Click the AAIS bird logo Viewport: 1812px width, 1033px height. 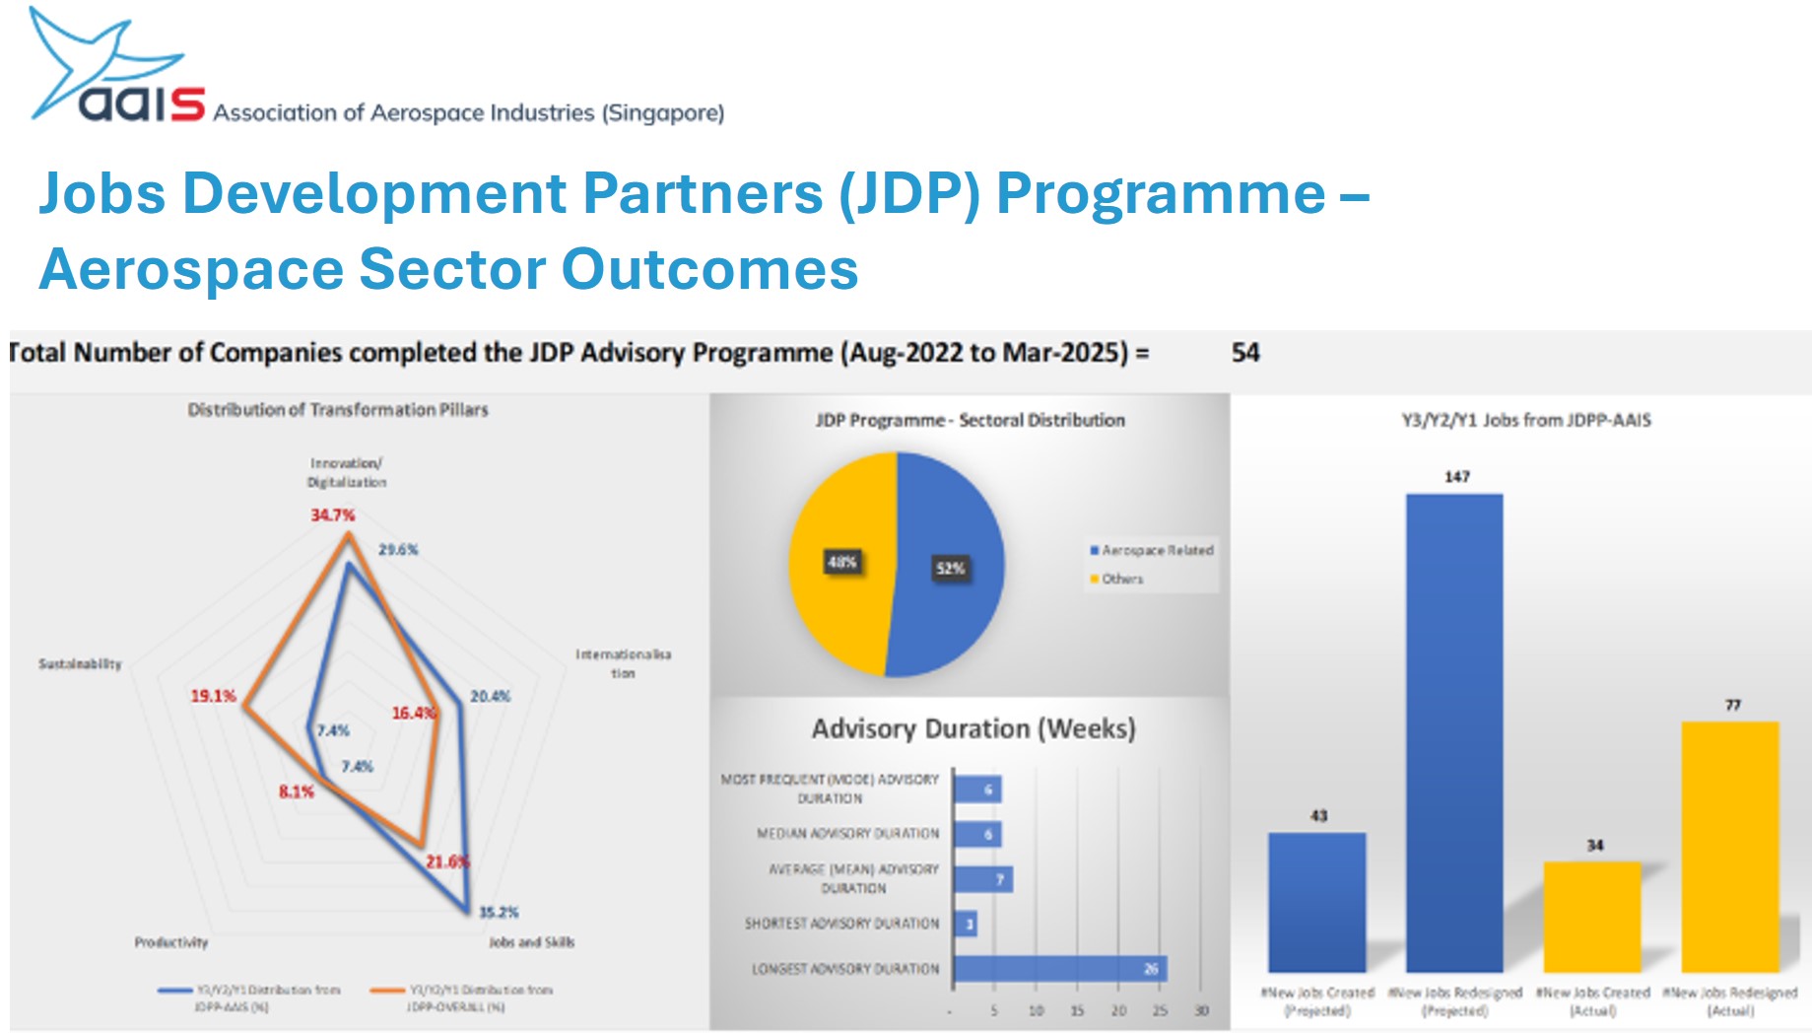tap(94, 59)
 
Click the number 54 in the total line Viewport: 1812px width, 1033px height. tap(1245, 353)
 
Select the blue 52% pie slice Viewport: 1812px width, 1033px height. tap(951, 566)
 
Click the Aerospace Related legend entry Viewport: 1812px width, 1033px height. tap(1152, 550)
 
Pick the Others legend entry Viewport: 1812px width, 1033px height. tap(1117, 579)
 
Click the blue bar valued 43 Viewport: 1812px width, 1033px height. tap(1316, 901)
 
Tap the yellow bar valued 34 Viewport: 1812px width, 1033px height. tap(1592, 916)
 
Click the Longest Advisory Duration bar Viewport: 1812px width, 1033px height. tap(1060, 969)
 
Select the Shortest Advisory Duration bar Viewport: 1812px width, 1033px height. tap(966, 924)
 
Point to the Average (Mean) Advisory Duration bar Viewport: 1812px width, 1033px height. tap(982, 879)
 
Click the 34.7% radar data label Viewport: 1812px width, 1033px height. tap(332, 515)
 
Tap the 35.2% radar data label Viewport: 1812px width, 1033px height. tap(499, 912)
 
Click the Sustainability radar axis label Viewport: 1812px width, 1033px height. tap(80, 663)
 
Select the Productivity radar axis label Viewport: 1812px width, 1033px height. tap(171, 942)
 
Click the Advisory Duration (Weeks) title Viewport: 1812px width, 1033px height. tap(973, 728)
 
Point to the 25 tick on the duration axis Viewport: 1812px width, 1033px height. tap(1160, 1010)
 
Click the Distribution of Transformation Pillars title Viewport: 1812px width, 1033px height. tap(338, 409)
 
